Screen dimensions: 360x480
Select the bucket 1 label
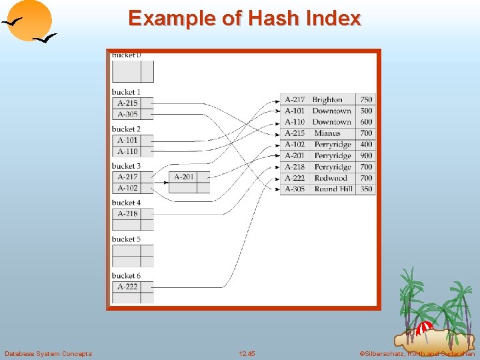[126, 92]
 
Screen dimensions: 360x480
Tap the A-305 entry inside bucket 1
[127, 114]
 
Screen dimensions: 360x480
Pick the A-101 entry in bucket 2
[127, 140]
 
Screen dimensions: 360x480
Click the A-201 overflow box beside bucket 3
[184, 177]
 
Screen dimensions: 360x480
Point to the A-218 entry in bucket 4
[127, 213]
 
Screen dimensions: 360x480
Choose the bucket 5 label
[126, 239]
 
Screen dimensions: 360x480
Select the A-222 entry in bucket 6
[127, 287]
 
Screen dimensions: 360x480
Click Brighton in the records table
[327, 99]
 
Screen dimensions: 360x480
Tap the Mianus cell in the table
[327, 133]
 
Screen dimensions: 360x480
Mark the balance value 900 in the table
[366, 155]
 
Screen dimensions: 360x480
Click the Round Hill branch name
[333, 189]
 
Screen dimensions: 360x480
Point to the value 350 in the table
[366, 189]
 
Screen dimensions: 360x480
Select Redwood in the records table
[331, 178]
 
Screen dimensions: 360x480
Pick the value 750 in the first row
[366, 99]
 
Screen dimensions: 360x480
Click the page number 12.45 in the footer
[247, 353]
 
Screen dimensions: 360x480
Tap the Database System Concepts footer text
[48, 353]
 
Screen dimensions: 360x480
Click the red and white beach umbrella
[424, 329]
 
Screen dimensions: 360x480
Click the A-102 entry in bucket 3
[127, 188]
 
